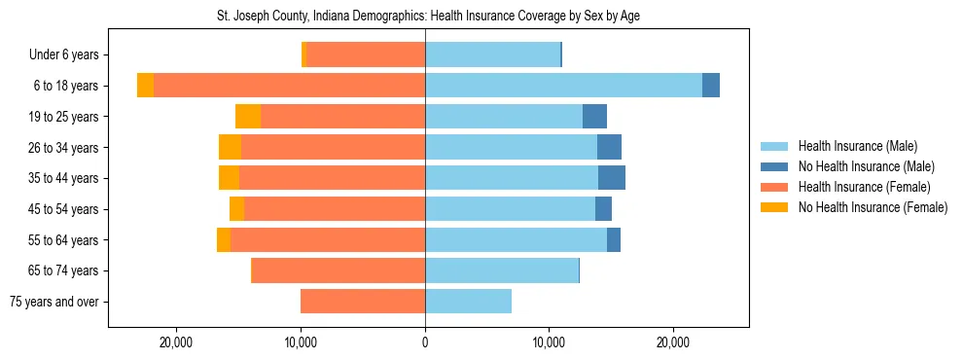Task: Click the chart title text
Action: [x=428, y=16]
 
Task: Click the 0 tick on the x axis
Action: [x=425, y=343]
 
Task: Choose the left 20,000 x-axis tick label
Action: [x=177, y=343]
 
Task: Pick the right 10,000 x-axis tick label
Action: [x=549, y=343]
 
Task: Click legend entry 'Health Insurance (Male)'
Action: [x=857, y=146]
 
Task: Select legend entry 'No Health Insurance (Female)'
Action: [x=872, y=207]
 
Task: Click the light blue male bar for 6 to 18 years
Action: [x=563, y=86]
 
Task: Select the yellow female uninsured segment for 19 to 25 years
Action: [x=248, y=117]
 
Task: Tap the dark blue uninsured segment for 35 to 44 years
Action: [x=612, y=178]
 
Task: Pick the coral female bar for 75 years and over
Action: [x=363, y=302]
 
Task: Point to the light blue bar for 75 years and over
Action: [x=468, y=302]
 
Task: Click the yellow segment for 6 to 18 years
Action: [x=145, y=86]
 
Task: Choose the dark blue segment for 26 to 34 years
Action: [x=609, y=147]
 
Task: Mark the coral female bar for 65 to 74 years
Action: [x=339, y=270]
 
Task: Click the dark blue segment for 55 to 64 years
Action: [x=614, y=239]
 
